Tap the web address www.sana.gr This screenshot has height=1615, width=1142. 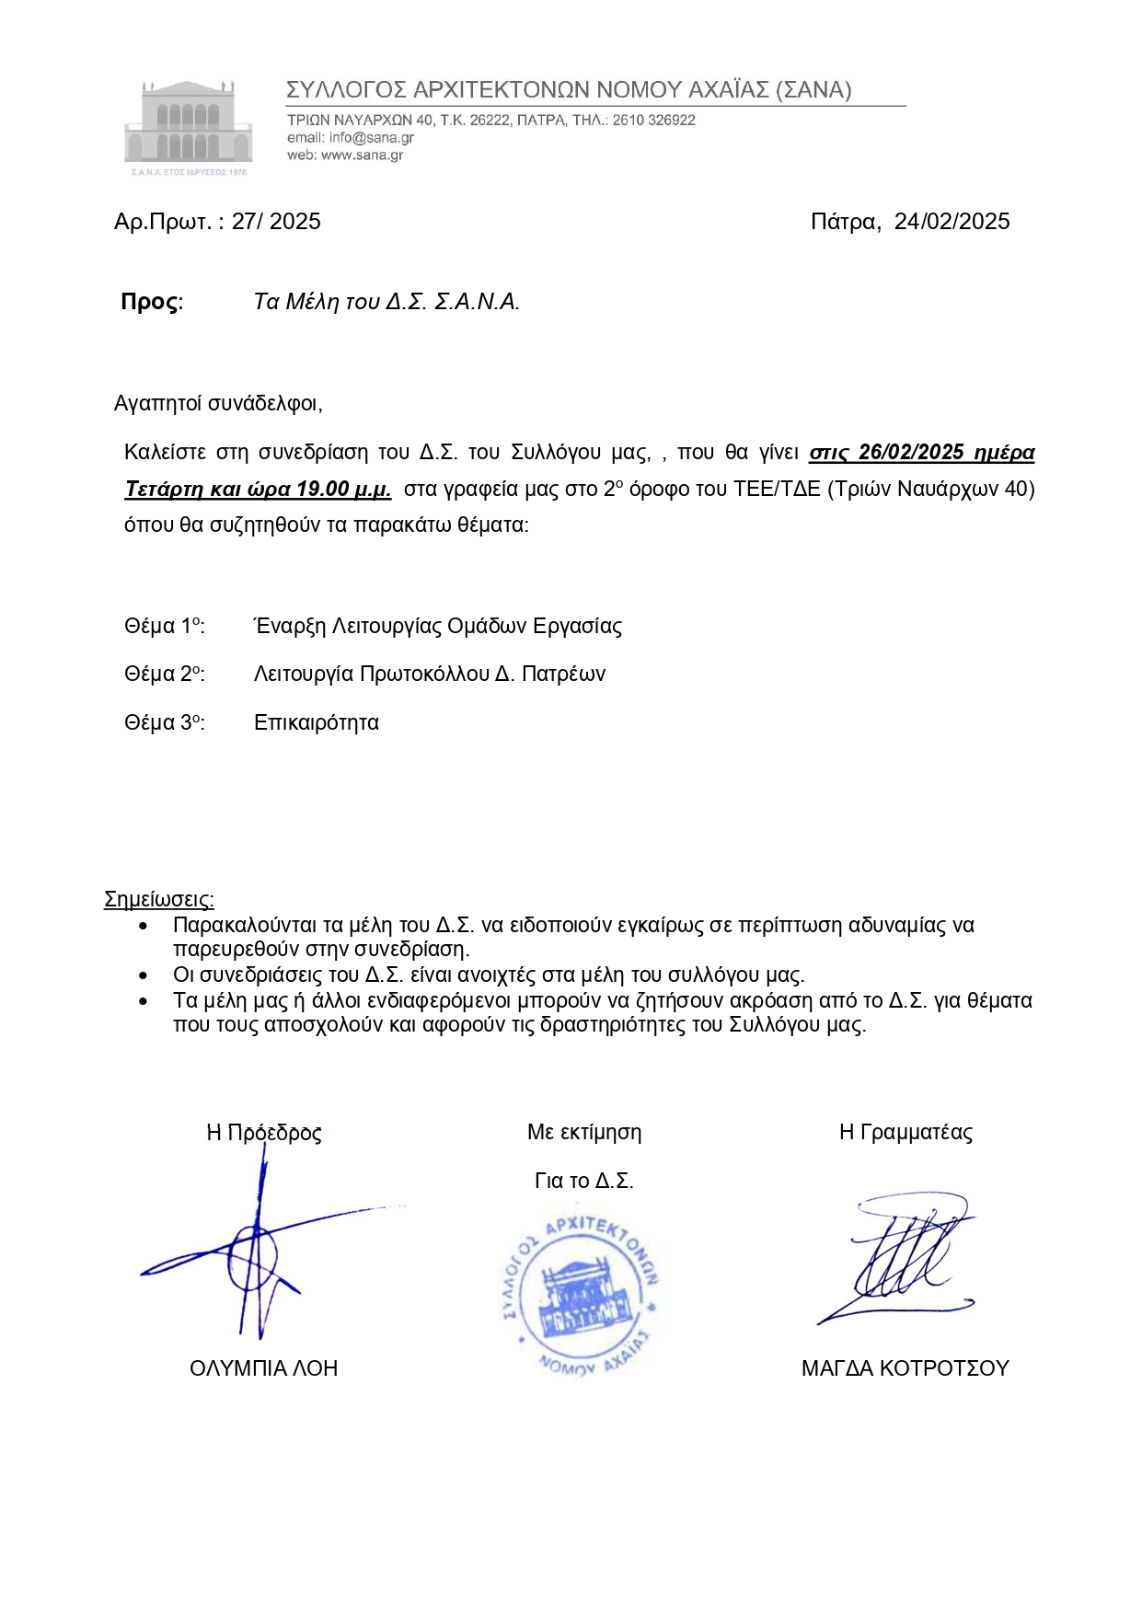pyautogui.click(x=362, y=156)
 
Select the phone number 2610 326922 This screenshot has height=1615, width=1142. pyautogui.click(x=653, y=121)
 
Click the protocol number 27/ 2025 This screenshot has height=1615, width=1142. pyautogui.click(x=276, y=222)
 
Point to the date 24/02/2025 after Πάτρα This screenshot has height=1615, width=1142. pyautogui.click(x=952, y=222)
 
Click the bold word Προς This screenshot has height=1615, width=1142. pyautogui.click(x=149, y=302)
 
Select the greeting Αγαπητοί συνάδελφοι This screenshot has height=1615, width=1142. pyautogui.click(x=218, y=403)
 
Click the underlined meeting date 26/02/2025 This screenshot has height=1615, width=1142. pyautogui.click(x=911, y=453)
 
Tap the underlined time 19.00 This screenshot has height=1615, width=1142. pyautogui.click(x=322, y=489)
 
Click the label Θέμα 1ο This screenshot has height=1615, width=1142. pyautogui.click(x=164, y=627)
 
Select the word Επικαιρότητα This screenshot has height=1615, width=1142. pyautogui.click(x=317, y=723)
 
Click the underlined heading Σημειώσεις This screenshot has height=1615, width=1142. pyautogui.click(x=159, y=899)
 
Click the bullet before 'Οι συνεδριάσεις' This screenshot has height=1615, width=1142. pyautogui.click(x=143, y=975)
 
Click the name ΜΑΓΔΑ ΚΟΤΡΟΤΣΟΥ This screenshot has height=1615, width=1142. pyautogui.click(x=905, y=1368)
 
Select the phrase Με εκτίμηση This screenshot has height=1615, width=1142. pyautogui.click(x=584, y=1133)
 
